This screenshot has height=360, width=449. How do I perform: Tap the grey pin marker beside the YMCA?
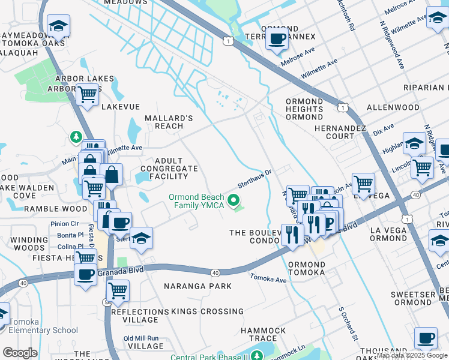[234, 200]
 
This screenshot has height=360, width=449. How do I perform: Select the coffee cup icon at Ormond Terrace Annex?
[276, 39]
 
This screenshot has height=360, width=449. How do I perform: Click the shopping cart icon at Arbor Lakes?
[88, 94]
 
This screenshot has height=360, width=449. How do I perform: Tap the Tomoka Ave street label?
[270, 279]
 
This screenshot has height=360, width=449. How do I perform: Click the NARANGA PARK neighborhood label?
[197, 286]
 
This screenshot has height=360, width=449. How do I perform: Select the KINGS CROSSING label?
[208, 311]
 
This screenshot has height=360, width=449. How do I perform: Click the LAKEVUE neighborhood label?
[125, 106]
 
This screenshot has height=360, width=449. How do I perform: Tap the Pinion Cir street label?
[65, 224]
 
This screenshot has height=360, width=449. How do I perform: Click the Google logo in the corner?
[20, 353]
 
